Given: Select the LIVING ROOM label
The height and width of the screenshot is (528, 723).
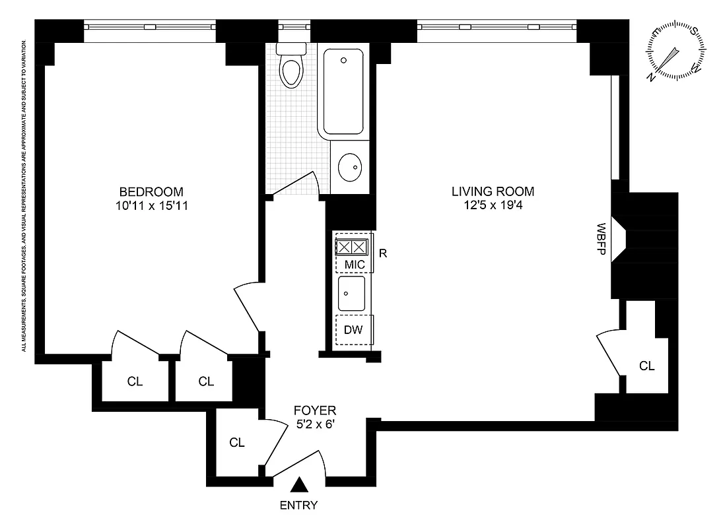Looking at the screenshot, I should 493,192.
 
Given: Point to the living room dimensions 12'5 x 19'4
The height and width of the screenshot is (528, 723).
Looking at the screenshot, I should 493,206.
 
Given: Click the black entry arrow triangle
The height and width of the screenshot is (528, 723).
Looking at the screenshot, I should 299,485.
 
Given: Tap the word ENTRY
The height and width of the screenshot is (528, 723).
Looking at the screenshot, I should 299,506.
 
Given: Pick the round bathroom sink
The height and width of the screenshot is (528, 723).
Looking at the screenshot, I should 351,167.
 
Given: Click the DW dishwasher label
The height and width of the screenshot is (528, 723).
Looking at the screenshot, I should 354,330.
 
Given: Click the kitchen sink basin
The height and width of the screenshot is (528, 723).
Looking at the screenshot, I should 351,294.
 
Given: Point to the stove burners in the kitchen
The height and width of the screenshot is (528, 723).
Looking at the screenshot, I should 351,247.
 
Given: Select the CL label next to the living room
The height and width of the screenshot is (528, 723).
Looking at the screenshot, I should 647,366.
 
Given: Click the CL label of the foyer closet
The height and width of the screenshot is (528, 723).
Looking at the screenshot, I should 237,443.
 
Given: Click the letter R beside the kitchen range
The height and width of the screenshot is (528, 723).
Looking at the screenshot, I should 384,252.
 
